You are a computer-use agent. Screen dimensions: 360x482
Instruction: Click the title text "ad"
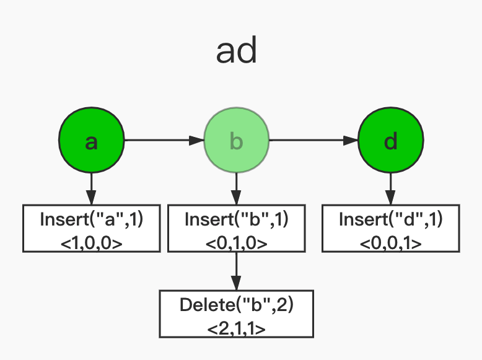(x=236, y=53)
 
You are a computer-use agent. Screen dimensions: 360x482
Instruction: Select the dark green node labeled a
(x=92, y=141)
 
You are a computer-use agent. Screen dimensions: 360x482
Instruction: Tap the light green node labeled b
(x=236, y=141)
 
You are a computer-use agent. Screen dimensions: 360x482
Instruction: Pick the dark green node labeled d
(x=391, y=141)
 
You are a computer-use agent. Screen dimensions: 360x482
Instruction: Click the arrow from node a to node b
(x=164, y=141)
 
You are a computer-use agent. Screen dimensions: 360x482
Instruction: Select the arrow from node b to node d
(x=313, y=141)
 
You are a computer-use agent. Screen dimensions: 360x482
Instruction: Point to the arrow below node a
(x=92, y=188)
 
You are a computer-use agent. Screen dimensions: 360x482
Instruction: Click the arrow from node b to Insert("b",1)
(x=236, y=188)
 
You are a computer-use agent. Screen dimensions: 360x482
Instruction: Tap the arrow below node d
(x=391, y=188)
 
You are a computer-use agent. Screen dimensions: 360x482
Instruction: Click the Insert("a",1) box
(x=92, y=228)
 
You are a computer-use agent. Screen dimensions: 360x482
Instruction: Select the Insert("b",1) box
(x=236, y=228)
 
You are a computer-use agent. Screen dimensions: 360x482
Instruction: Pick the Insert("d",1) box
(x=391, y=228)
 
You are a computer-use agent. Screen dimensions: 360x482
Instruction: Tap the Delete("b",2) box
(x=236, y=314)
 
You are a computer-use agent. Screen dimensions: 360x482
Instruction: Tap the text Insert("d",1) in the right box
(x=391, y=219)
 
